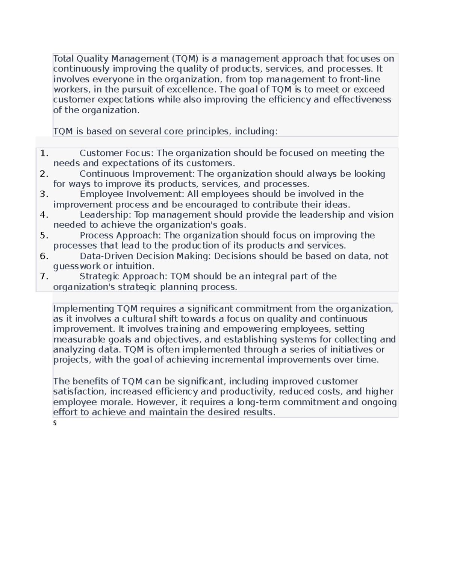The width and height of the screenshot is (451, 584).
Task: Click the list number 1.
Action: (44, 153)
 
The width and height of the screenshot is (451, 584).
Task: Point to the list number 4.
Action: (44, 215)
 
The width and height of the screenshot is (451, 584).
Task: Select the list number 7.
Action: (44, 277)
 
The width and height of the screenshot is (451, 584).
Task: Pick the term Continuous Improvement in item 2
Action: (137, 174)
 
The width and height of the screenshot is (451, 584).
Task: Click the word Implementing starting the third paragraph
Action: (83, 309)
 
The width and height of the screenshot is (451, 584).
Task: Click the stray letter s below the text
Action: (55, 423)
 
